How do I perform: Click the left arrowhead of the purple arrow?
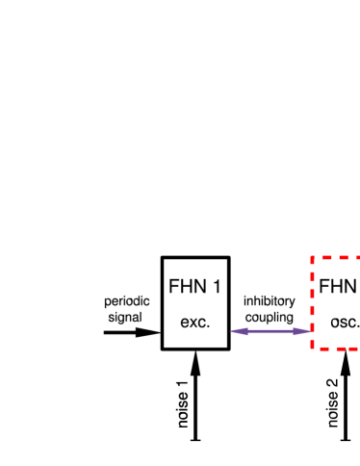pyautogui.click(x=237, y=331)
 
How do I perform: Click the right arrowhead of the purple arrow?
pyautogui.click(x=302, y=331)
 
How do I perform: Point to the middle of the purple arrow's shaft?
pyautogui.click(x=270, y=331)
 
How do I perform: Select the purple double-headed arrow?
pyautogui.click(x=270, y=331)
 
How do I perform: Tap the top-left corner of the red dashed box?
pyautogui.click(x=312, y=258)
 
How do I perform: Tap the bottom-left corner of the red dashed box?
pyautogui.click(x=312, y=348)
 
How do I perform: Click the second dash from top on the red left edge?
pyautogui.click(x=312, y=279)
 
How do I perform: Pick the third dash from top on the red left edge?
pyautogui.click(x=312, y=297)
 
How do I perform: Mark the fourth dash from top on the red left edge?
pyautogui.click(x=312, y=314)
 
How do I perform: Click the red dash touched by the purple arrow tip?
pyautogui.click(x=312, y=330)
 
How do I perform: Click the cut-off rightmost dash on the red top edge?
pyautogui.click(x=355, y=258)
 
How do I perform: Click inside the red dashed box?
pyautogui.click(x=337, y=303)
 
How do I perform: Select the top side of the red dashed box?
pyautogui.click(x=337, y=258)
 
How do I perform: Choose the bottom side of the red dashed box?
pyautogui.click(x=337, y=349)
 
